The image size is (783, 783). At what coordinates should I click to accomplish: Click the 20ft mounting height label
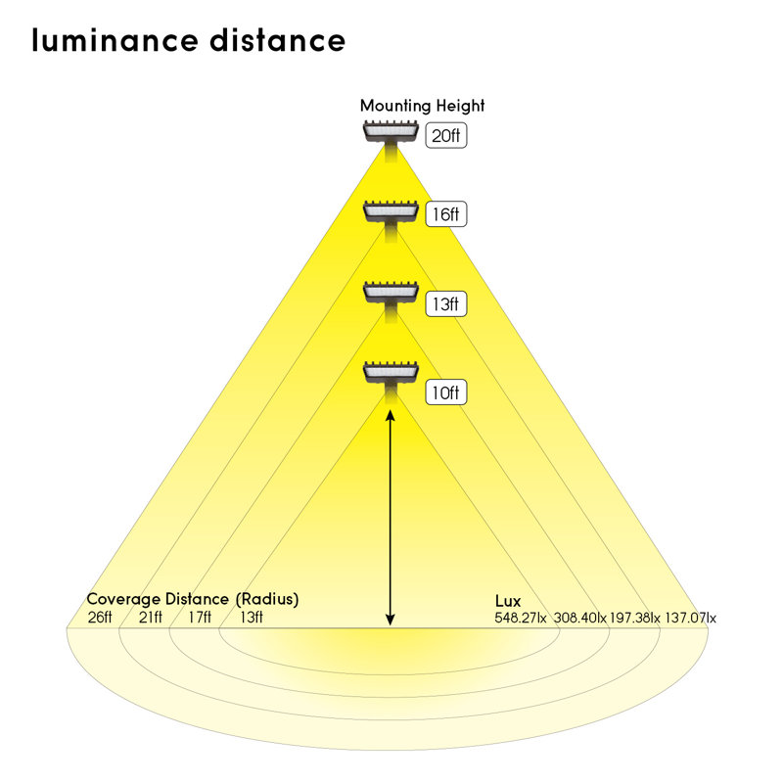pos(444,135)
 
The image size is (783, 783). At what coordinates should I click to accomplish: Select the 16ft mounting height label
pos(444,213)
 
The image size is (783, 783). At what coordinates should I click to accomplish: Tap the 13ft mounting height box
pos(444,303)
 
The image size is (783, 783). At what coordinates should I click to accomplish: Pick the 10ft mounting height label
pos(444,392)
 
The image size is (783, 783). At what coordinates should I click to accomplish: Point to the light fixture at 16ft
pos(391,212)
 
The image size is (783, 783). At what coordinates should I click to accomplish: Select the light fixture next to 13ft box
pos(391,293)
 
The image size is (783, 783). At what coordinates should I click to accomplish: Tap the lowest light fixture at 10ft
pos(391,373)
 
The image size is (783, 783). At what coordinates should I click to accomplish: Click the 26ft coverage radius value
pos(99,618)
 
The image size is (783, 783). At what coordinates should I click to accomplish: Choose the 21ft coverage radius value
pos(150,618)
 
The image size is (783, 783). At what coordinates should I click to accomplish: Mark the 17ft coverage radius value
pos(200,618)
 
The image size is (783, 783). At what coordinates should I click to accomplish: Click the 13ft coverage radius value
pos(251,618)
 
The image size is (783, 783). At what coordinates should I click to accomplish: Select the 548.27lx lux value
pos(523,618)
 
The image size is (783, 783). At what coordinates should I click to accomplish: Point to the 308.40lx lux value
pos(580,618)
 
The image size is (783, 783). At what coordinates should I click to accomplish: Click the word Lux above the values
pos(508,600)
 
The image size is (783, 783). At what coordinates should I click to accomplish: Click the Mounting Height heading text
pos(422,106)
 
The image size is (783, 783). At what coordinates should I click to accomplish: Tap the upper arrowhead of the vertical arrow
pos(391,415)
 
